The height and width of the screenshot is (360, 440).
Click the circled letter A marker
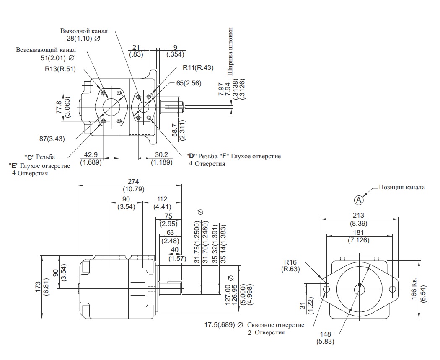[359, 200]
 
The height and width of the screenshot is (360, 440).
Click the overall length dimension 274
[133, 181]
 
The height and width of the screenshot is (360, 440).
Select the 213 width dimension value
[358, 215]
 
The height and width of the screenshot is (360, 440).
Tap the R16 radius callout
[290, 262]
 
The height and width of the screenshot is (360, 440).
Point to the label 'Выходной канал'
[84, 31]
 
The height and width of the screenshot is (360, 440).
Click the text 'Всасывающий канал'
[46, 50]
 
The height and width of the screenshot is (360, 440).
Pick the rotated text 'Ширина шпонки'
[230, 51]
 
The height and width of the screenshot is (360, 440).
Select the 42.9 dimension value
[91, 154]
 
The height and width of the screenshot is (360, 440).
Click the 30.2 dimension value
[161, 154]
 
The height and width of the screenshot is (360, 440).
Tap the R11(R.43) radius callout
[198, 67]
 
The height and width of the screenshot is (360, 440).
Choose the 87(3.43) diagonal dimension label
[52, 139]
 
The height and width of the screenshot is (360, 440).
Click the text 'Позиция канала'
[402, 187]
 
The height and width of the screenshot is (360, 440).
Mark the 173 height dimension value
[38, 287]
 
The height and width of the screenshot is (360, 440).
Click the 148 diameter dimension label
[326, 334]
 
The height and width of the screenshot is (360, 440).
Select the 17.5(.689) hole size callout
[220, 325]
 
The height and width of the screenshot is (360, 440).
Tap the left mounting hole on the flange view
[326, 288]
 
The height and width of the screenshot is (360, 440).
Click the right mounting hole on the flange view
[393, 288]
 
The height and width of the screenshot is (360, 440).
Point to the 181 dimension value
[358, 232]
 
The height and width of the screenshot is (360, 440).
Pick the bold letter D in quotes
[192, 156]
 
